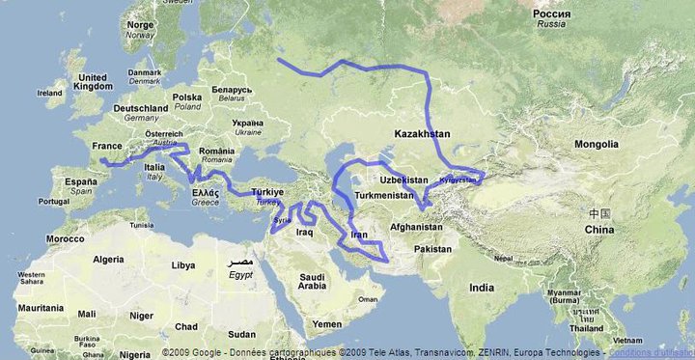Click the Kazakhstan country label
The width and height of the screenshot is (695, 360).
422,131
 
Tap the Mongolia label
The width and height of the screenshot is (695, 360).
596,145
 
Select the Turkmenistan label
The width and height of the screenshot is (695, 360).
384,196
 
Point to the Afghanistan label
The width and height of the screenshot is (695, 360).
416,227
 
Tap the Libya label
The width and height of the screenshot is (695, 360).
182,264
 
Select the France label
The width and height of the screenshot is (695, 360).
106,146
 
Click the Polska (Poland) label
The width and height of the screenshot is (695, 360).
186,97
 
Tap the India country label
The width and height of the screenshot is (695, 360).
482,287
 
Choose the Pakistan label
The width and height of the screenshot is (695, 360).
432,248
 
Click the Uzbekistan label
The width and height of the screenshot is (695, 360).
403,180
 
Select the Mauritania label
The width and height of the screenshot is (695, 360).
37,307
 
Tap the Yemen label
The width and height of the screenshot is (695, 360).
327,324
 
